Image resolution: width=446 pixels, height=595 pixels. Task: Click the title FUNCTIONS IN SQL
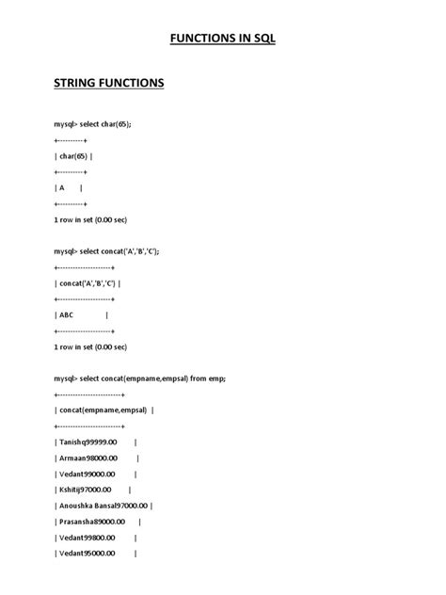point(222,40)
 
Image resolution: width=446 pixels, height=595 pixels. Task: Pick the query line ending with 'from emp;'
point(140,378)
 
